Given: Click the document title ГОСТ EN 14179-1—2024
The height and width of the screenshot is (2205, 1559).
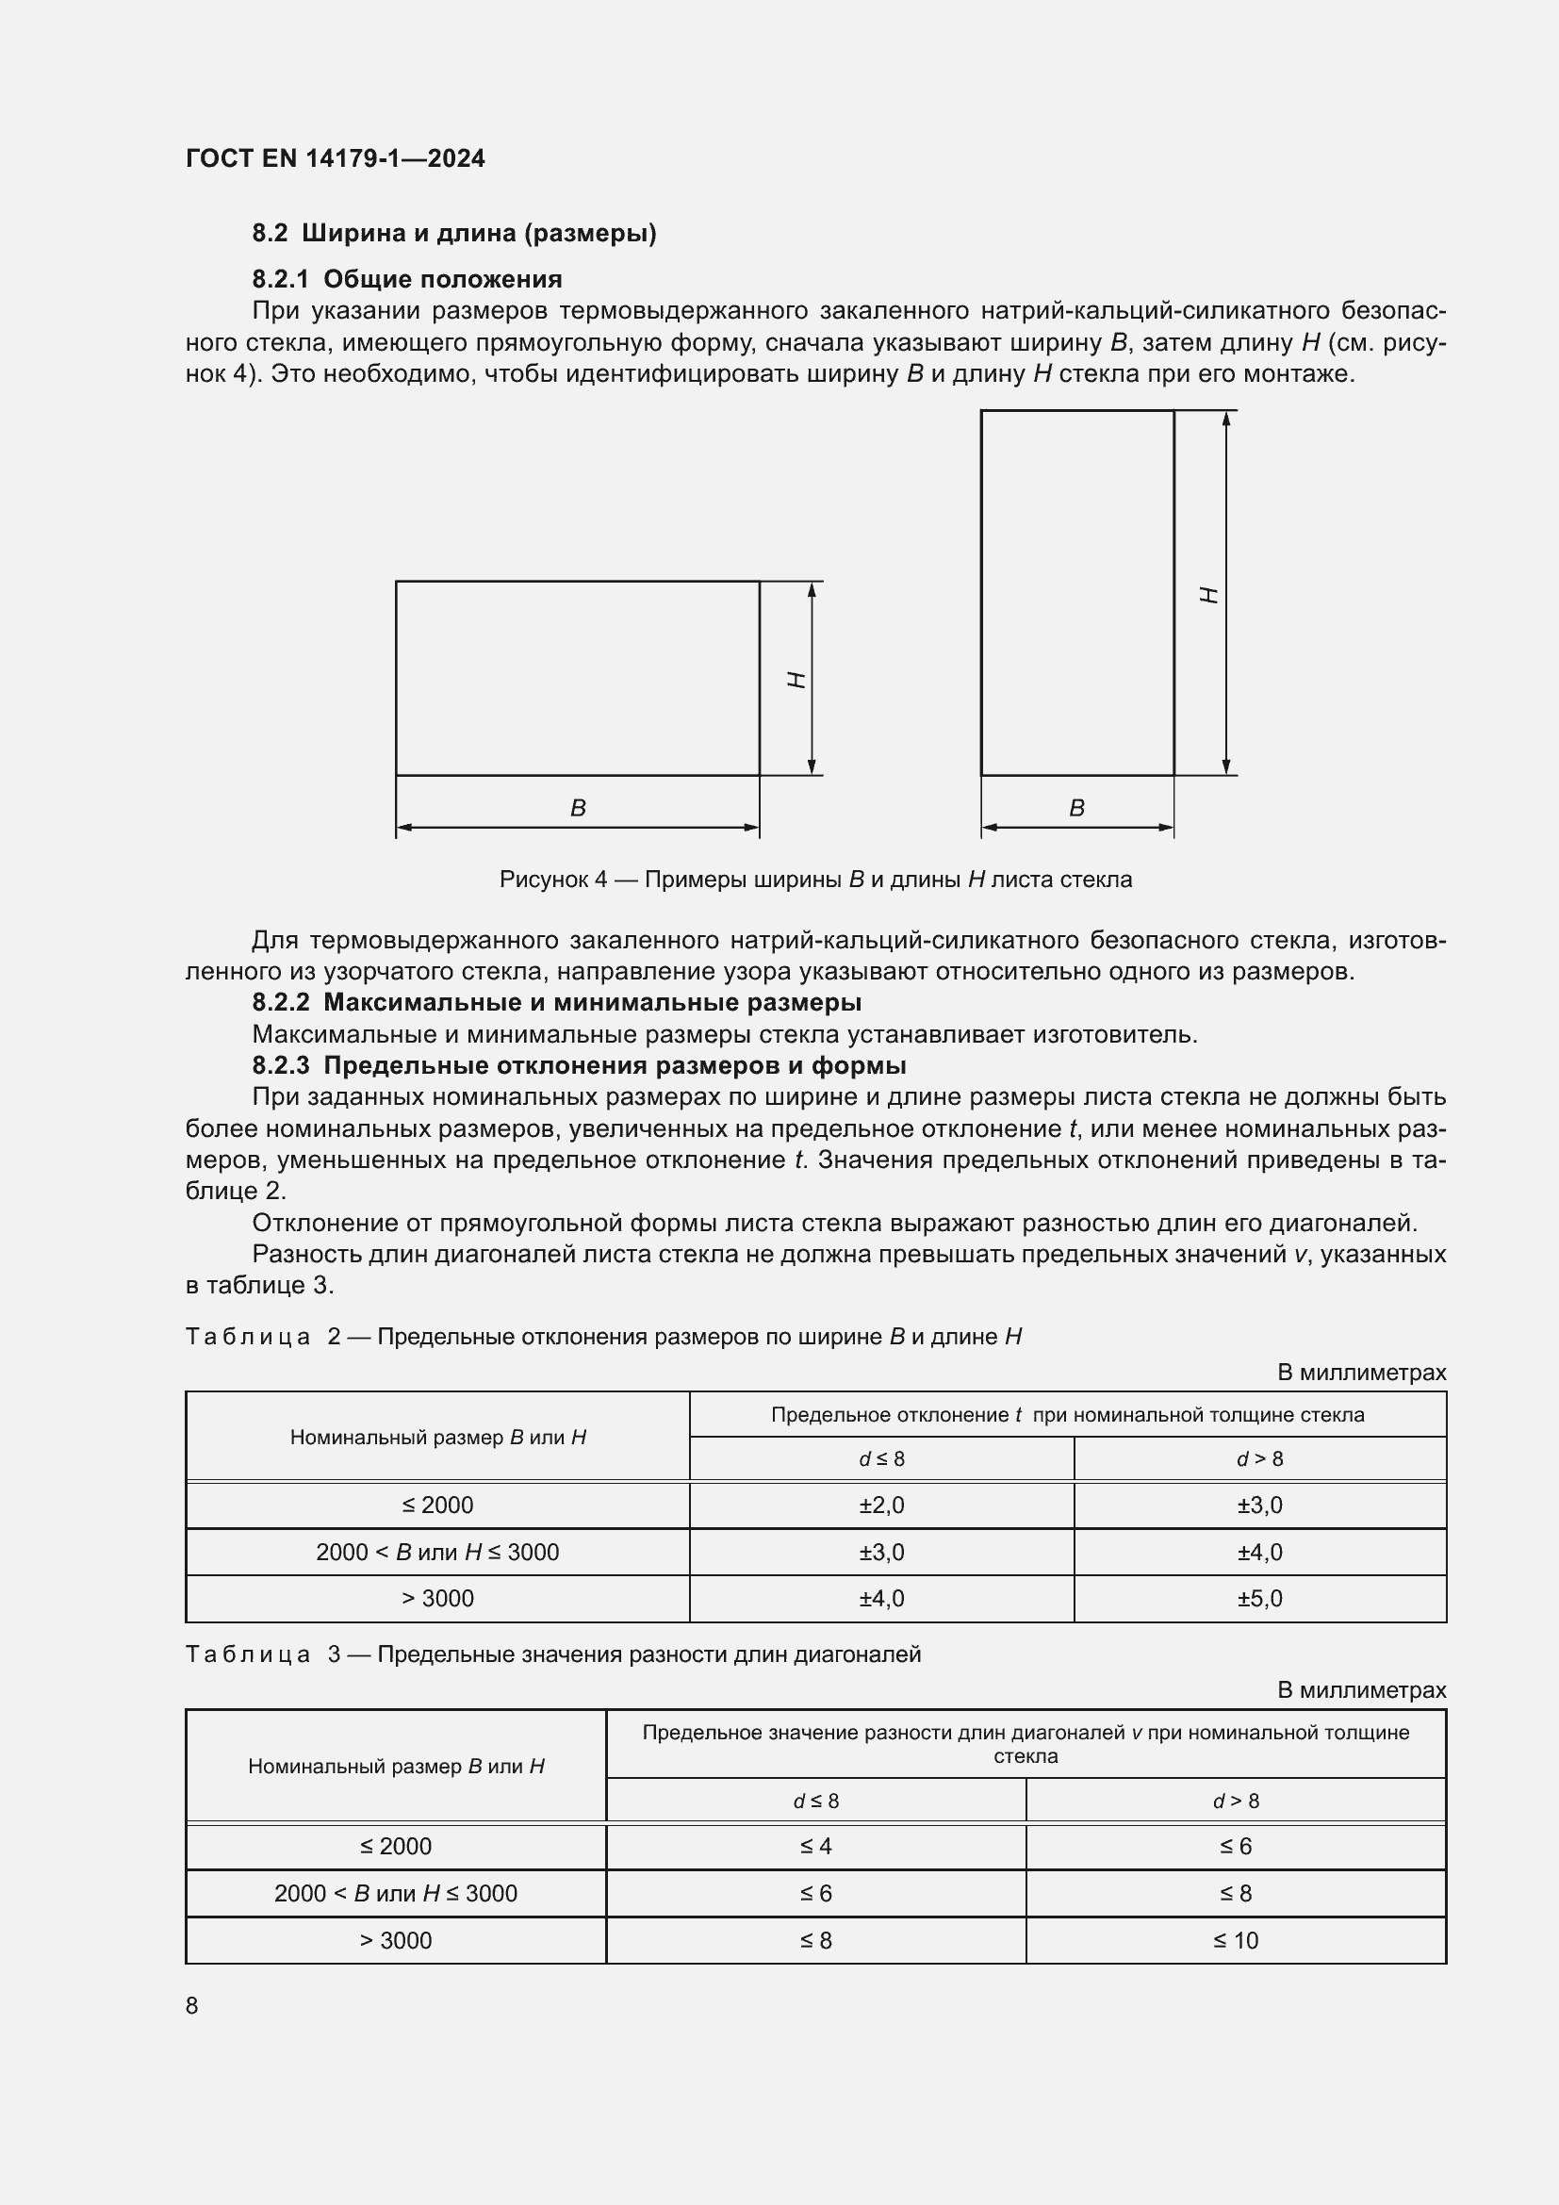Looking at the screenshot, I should (x=335, y=158).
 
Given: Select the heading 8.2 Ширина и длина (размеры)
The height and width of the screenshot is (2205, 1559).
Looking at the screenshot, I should (x=454, y=234).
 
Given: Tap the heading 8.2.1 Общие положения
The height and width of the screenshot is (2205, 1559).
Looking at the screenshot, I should (x=407, y=279).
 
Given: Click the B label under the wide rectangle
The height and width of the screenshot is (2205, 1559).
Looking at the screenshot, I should (x=578, y=808).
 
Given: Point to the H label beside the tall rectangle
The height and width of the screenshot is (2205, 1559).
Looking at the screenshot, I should (x=1210, y=595).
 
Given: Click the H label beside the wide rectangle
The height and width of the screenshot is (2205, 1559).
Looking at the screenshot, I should (x=796, y=679).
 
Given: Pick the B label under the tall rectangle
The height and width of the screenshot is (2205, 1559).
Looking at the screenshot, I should (x=1077, y=808).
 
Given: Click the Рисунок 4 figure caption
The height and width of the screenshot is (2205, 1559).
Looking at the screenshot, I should (x=815, y=879).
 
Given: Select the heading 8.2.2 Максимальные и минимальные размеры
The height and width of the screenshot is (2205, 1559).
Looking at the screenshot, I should (x=557, y=1003).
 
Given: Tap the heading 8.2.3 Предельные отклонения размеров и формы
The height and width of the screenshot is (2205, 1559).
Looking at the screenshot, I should (x=579, y=1066).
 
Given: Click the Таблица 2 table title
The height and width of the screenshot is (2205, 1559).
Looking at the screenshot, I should (x=603, y=1336).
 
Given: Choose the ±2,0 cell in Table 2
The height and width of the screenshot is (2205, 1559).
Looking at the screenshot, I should (x=881, y=1505).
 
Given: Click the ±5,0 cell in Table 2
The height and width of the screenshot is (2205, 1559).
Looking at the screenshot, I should (x=1259, y=1598).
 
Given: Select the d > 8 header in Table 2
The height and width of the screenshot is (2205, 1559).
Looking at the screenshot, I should (x=1259, y=1458).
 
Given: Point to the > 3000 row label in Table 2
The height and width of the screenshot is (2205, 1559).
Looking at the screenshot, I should (x=437, y=1598).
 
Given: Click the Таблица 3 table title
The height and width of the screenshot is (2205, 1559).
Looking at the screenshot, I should (x=553, y=1654).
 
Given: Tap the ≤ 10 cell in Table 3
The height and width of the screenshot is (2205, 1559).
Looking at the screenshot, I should (x=1236, y=1940).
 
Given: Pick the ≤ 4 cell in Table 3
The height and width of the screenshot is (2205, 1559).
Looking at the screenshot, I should (x=816, y=1846).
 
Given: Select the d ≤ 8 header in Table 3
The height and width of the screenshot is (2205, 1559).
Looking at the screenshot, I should (x=816, y=1801).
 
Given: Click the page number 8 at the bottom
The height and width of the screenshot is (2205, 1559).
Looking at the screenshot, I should (x=192, y=2005).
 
